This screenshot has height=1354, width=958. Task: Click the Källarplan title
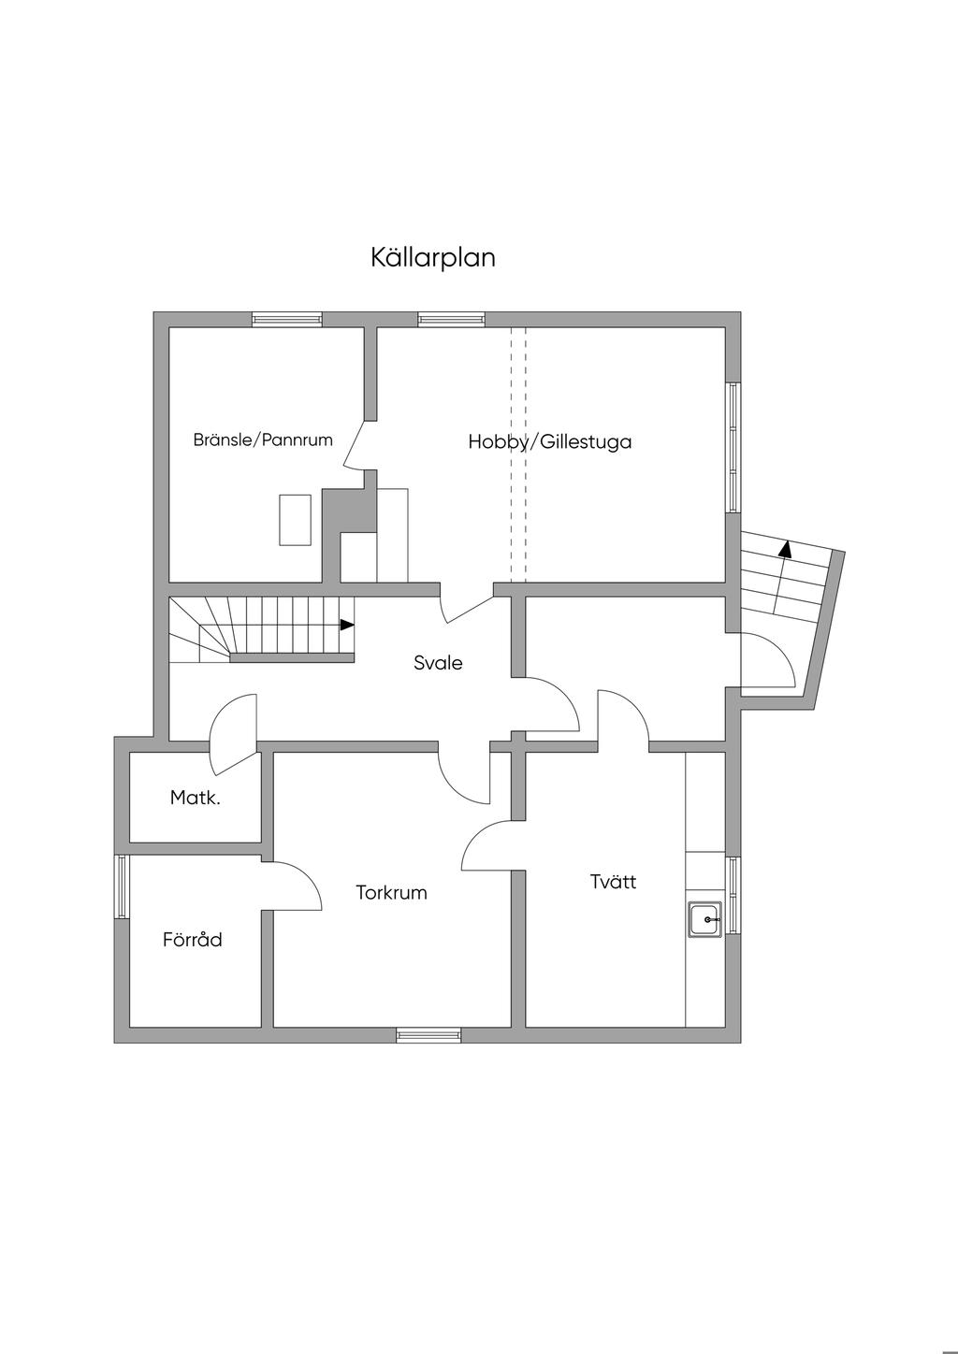click(x=432, y=257)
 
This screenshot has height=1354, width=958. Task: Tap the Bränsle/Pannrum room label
click(x=263, y=439)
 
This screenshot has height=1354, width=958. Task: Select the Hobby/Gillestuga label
click(x=549, y=441)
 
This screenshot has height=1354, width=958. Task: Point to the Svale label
click(x=438, y=663)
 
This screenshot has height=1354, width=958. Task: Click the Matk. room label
click(x=196, y=798)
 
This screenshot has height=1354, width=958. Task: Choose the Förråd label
click(x=193, y=940)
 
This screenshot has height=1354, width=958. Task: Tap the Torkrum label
click(x=391, y=892)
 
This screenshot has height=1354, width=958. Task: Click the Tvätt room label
click(x=613, y=881)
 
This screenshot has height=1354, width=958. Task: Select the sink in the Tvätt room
click(x=704, y=919)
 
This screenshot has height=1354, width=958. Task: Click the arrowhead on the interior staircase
click(x=347, y=625)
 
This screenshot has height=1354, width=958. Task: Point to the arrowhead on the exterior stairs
click(x=785, y=549)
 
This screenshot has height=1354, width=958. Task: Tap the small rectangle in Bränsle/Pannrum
click(x=295, y=519)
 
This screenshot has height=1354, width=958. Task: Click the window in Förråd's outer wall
click(x=121, y=886)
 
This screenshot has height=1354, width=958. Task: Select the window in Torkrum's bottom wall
click(x=428, y=1035)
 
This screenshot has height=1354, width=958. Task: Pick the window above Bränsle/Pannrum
click(x=286, y=319)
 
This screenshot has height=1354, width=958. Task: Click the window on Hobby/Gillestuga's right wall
click(x=733, y=447)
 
